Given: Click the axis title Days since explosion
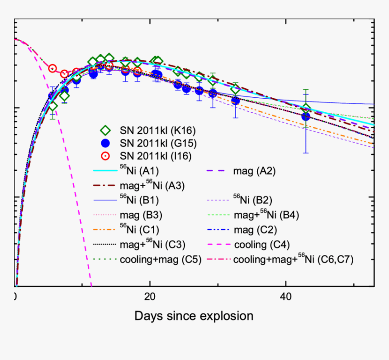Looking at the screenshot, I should [194, 316].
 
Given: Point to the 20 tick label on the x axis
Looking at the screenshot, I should [150, 297].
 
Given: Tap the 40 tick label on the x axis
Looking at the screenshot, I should [285, 297].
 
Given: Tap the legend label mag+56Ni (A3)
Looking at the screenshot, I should [152, 185].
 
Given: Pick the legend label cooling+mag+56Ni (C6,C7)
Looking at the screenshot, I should [293, 260].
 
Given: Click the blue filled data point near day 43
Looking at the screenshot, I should [306, 117].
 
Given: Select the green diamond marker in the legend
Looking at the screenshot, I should [105, 131].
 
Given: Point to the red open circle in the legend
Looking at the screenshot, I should [105, 156].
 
